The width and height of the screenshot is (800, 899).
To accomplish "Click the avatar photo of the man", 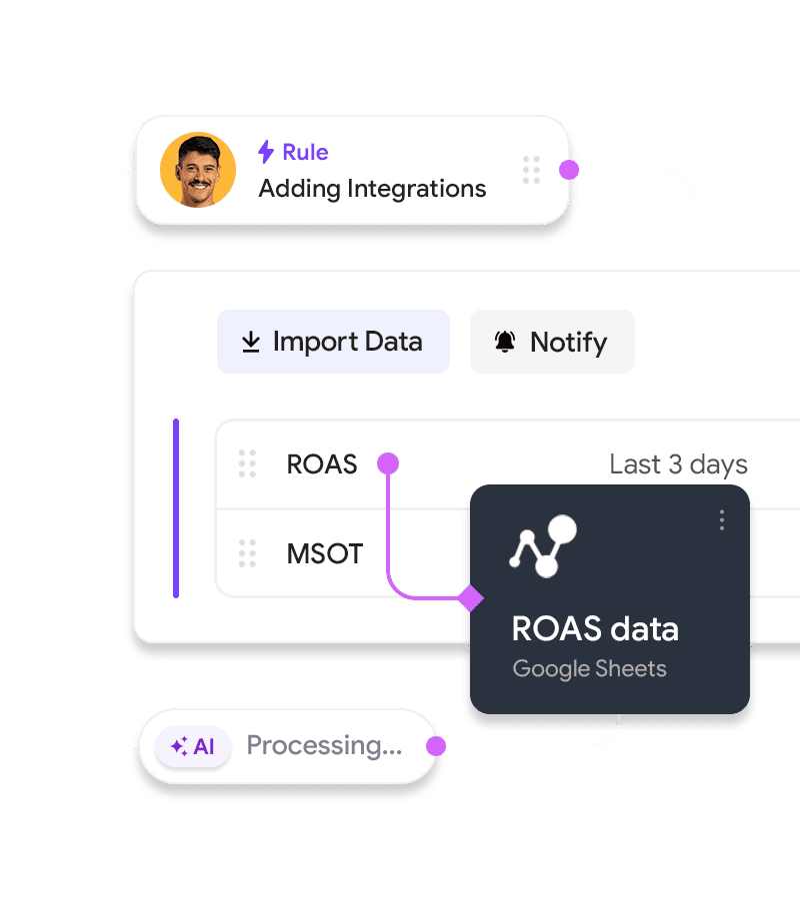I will (x=198, y=170).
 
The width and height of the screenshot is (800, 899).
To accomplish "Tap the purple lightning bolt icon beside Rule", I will (x=266, y=152).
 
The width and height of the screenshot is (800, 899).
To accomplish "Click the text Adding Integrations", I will (x=372, y=188).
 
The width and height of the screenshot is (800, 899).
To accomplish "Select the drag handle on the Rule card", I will (x=531, y=170).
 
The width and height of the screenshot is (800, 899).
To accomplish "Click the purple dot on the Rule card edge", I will (x=569, y=170).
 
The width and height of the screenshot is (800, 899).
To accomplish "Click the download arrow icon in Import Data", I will (x=251, y=342).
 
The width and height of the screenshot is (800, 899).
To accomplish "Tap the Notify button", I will (x=552, y=342).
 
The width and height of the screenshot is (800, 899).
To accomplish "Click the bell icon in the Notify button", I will (x=505, y=342).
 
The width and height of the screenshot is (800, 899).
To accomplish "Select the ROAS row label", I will (x=321, y=464).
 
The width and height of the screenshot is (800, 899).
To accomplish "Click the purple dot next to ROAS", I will (x=388, y=463).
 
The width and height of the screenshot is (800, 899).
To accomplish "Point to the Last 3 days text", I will (x=678, y=464).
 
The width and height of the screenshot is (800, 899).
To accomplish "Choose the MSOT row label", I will (x=324, y=553).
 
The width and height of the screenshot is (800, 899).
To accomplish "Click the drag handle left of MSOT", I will (x=247, y=553).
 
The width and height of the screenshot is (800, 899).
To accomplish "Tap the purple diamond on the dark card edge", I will (x=470, y=598).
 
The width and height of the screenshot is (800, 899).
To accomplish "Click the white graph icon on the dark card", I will (x=543, y=545).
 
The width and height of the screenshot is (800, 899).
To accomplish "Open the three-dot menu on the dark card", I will (x=721, y=519).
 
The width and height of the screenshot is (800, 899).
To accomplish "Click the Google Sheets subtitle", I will (x=589, y=668).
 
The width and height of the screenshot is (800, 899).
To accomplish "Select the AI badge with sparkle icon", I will (x=193, y=746).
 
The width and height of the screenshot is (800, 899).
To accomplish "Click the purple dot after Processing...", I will (x=435, y=746).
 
